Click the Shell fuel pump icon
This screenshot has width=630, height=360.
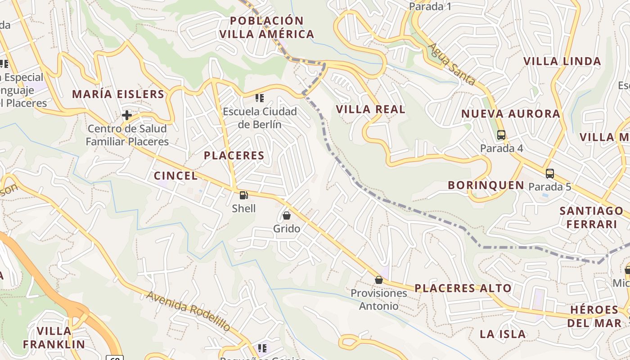pyautogui.click(x=243, y=195)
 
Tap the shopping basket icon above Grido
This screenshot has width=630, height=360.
pyautogui.click(x=287, y=216)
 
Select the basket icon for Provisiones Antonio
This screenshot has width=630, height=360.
pyautogui.click(x=379, y=280)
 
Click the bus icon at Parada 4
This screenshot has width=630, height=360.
pyautogui.click(x=501, y=135)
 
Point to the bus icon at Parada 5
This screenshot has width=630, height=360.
pyautogui.click(x=549, y=173)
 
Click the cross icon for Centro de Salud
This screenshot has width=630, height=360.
pyautogui.click(x=127, y=115)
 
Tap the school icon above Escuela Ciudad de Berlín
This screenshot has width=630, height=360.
pyautogui.click(x=260, y=98)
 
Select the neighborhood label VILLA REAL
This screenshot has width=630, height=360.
pyautogui.click(x=371, y=109)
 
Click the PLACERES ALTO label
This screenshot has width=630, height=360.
pyautogui.click(x=463, y=288)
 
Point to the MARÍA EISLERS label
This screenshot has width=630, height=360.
pyautogui.click(x=118, y=94)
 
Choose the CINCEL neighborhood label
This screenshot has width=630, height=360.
pyautogui.click(x=175, y=176)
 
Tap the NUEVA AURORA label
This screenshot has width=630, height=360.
pyautogui.click(x=511, y=114)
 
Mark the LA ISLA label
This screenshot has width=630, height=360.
pyautogui.click(x=503, y=334)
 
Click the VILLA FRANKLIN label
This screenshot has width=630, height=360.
pyautogui.click(x=54, y=338)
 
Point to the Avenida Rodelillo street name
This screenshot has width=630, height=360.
pyautogui.click(x=189, y=311)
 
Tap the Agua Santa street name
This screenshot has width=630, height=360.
pyautogui.click(x=451, y=64)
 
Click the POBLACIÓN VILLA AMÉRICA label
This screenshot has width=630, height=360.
pyautogui.click(x=266, y=27)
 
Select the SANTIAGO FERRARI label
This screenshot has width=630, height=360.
pyautogui.click(x=591, y=217)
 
